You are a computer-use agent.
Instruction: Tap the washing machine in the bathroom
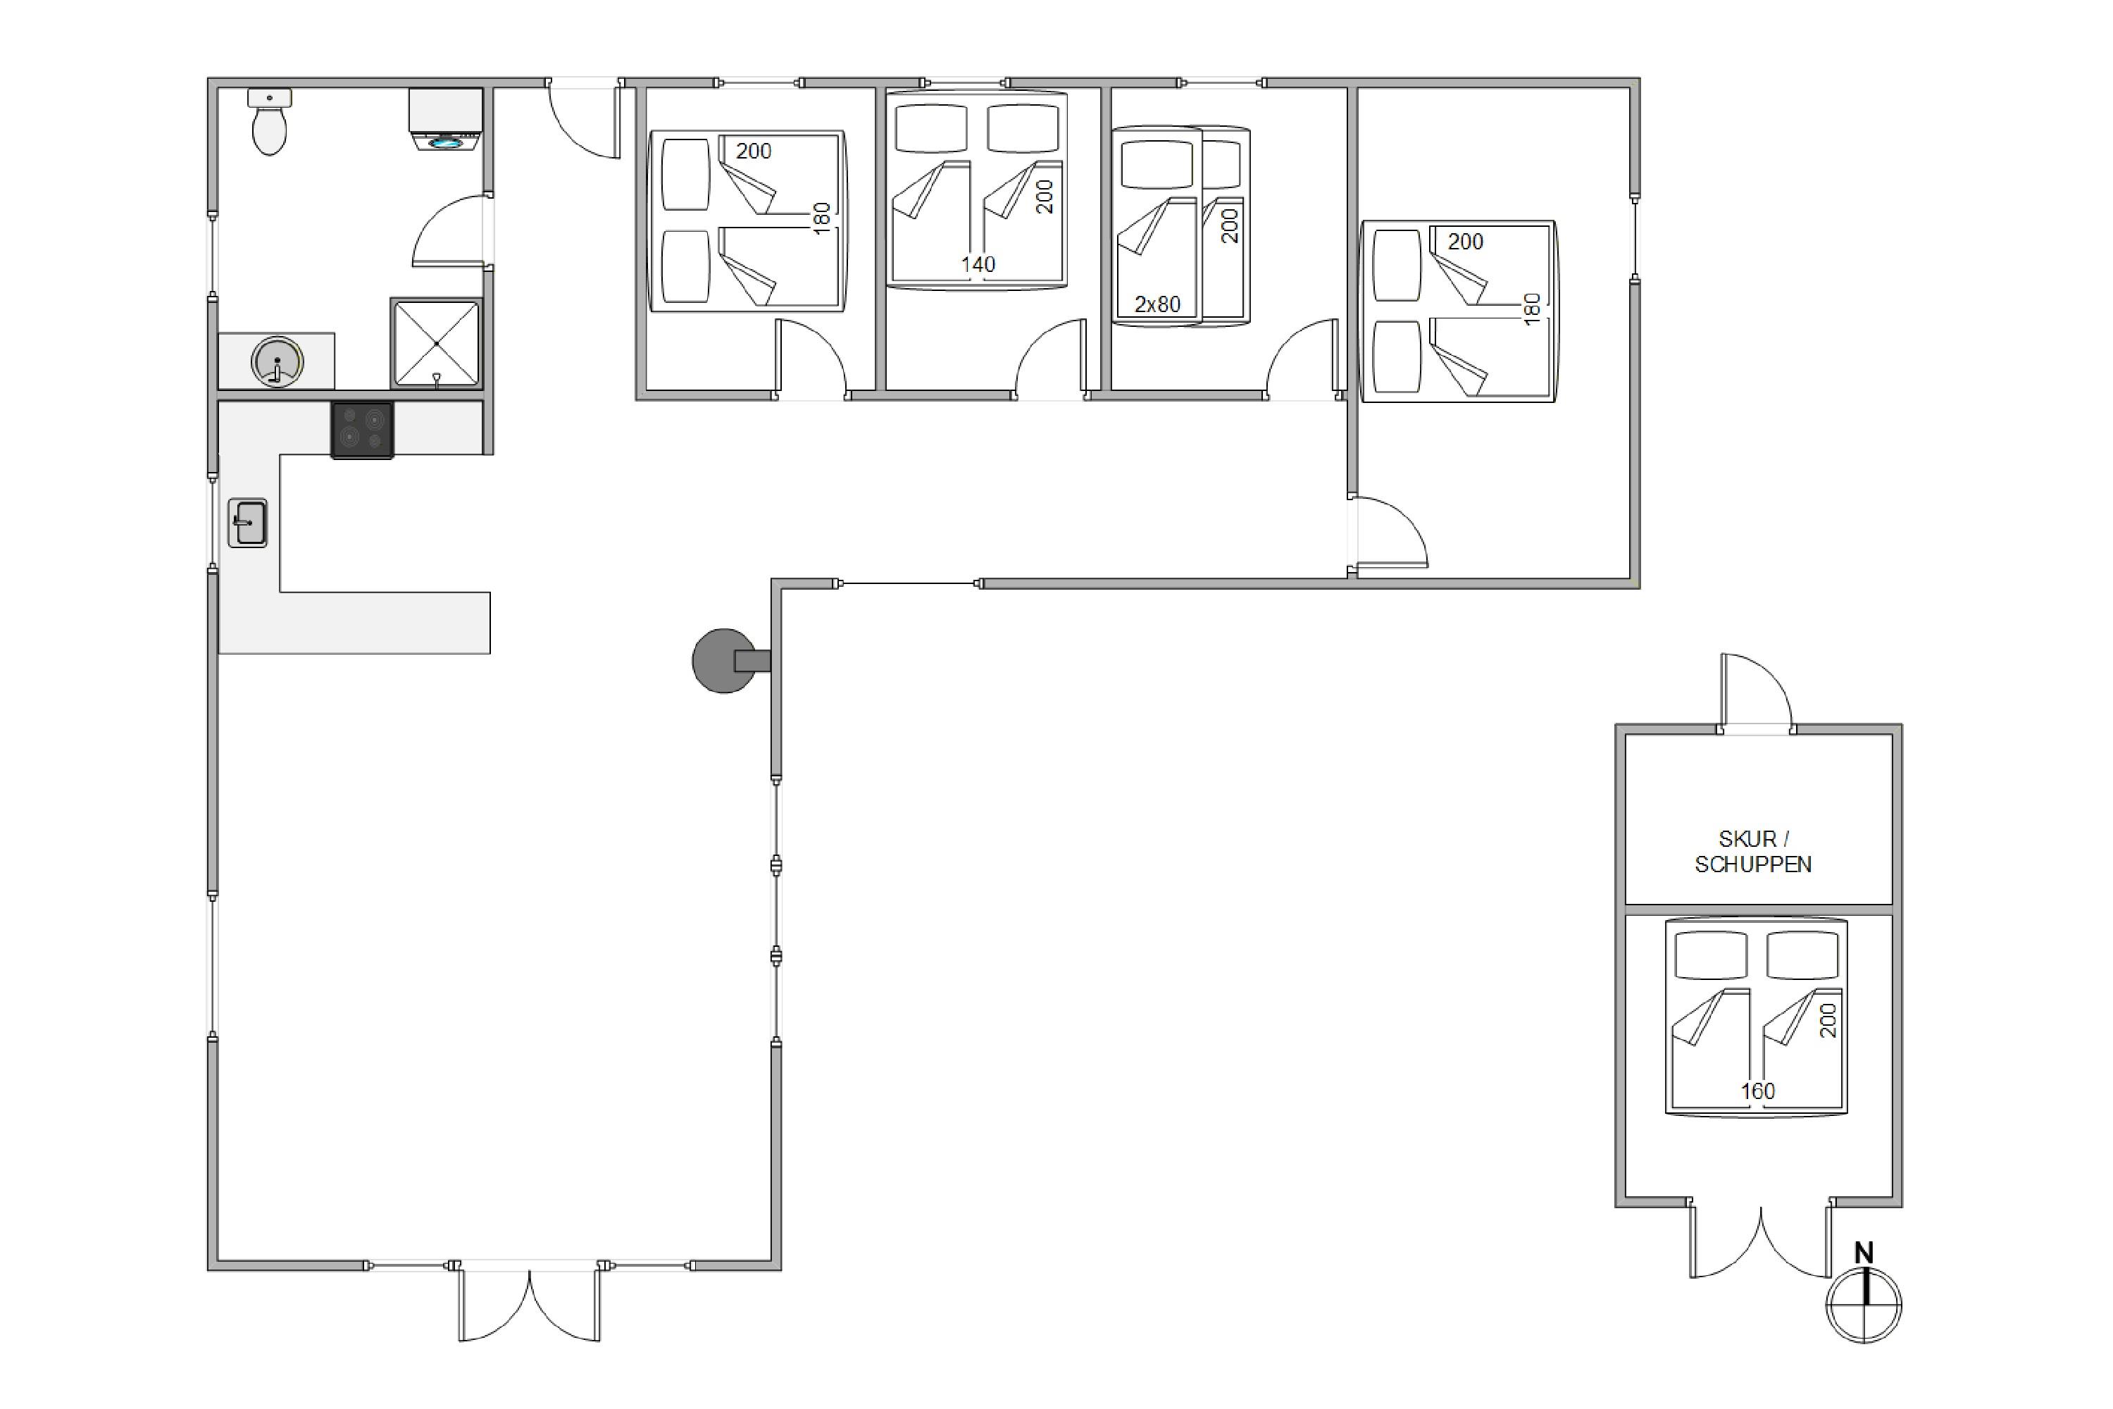[x=446, y=120]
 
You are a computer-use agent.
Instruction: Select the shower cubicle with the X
[x=437, y=343]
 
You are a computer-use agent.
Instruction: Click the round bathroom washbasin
[x=277, y=362]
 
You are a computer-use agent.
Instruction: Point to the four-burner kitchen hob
[x=362, y=430]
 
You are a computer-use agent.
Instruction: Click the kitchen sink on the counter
[x=248, y=523]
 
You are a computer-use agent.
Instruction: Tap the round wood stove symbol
[x=725, y=661]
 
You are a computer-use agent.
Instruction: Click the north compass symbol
[x=1864, y=1305]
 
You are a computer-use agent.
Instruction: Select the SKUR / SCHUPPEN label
[x=1753, y=851]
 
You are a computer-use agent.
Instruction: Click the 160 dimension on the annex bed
[x=1758, y=1091]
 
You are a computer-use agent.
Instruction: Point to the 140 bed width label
[x=978, y=264]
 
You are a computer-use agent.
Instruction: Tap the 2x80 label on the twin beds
[x=1157, y=304]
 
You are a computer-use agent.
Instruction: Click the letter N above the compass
[x=1864, y=1253]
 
